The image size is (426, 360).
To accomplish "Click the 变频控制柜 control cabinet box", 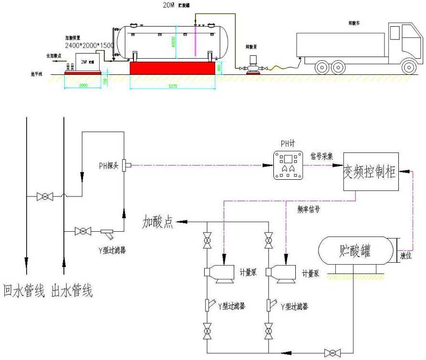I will [x=371, y=172].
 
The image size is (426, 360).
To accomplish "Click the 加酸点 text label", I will [x=158, y=222].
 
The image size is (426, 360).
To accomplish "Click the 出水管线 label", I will [x=73, y=290].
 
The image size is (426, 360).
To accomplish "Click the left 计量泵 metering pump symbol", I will [x=221, y=273].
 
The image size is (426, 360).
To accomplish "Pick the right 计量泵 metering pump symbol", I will [x=281, y=273].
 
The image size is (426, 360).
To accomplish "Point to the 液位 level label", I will [x=405, y=256].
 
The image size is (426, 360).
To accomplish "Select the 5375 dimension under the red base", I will [x=174, y=87].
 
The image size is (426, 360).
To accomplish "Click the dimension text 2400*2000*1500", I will [x=90, y=45].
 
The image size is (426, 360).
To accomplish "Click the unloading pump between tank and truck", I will [x=253, y=64].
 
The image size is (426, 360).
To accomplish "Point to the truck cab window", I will [x=395, y=33].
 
